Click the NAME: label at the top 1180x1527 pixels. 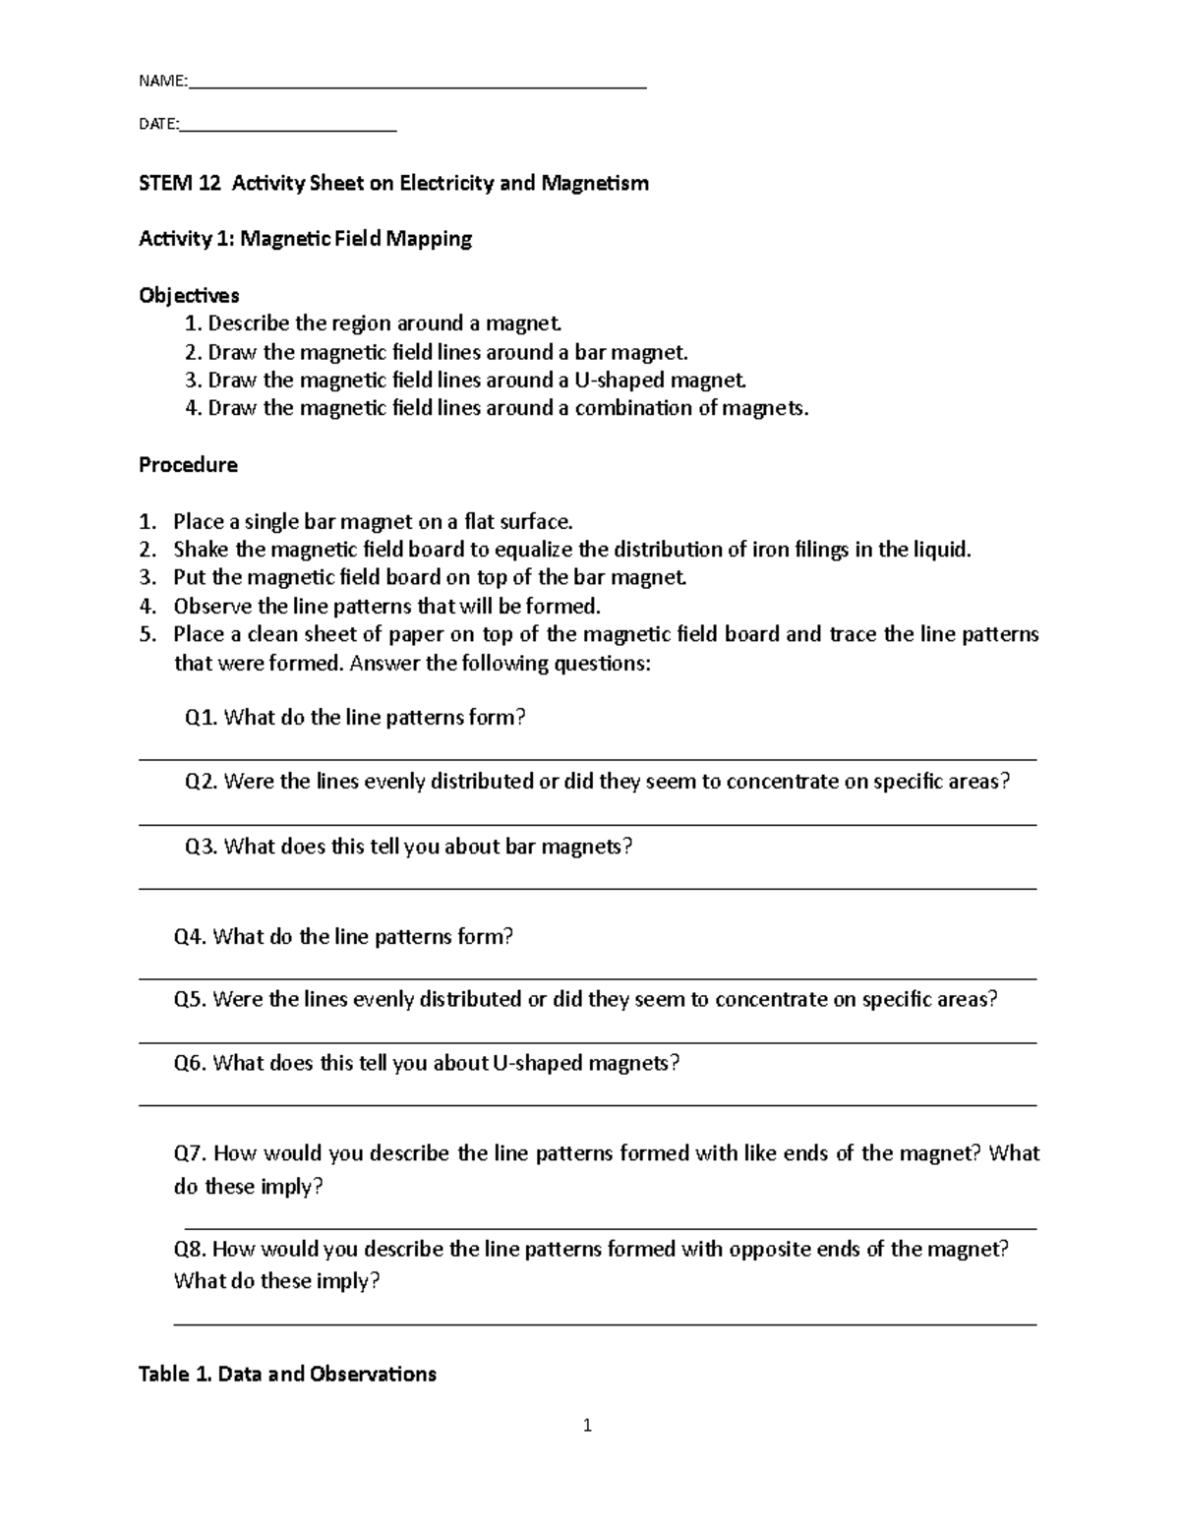pyautogui.click(x=162, y=82)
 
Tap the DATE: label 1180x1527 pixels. pyautogui.click(x=158, y=125)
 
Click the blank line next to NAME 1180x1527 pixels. pyautogui.click(x=417, y=87)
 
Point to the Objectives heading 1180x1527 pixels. pyautogui.click(x=189, y=295)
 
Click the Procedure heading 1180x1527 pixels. pyautogui.click(x=188, y=464)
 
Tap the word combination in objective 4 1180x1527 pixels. pyautogui.click(x=633, y=408)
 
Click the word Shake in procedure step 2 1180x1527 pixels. pyautogui.click(x=201, y=549)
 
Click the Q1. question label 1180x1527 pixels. pyautogui.click(x=202, y=718)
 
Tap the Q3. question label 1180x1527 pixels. pyautogui.click(x=202, y=847)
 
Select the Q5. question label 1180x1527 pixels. pyautogui.click(x=190, y=1000)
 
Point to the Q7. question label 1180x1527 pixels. pyautogui.click(x=191, y=1153)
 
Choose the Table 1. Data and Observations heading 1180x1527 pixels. pyautogui.click(x=287, y=1374)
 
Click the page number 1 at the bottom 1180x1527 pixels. pyautogui.click(x=587, y=1425)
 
